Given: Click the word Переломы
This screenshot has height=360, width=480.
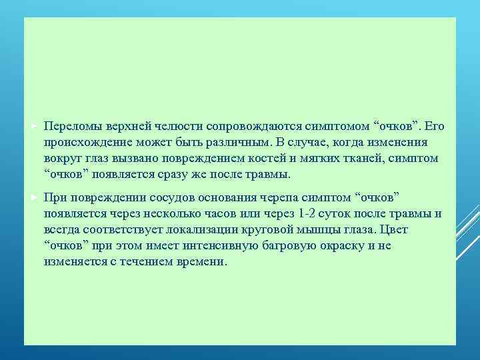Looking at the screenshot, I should click(69, 126).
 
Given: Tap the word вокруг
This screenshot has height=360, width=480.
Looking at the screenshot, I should click(61, 158).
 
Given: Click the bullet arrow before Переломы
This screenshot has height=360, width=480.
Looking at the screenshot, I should click(35, 126).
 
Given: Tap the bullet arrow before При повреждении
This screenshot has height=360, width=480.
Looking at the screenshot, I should click(35, 198).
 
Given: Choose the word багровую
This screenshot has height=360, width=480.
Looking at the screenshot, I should click(290, 246).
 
